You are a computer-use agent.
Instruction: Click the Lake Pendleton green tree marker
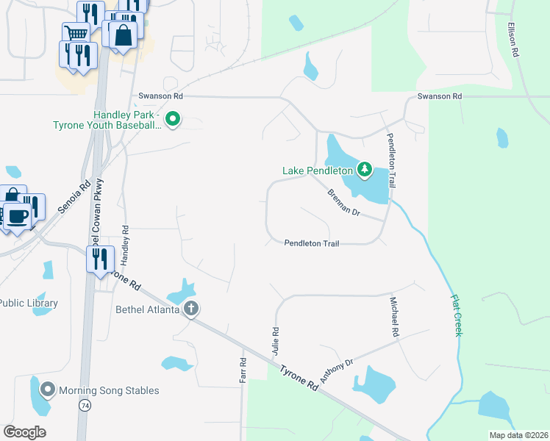tap(364, 171)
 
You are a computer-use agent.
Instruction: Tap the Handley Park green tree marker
tap(173, 118)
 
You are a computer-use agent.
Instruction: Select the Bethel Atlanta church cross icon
tap(191, 309)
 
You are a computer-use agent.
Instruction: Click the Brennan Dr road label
tap(343, 201)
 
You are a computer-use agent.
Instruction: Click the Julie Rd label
tap(276, 342)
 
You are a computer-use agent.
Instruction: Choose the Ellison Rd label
tap(514, 40)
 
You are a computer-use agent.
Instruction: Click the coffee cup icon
tap(18, 216)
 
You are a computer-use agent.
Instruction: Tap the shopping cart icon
tap(76, 33)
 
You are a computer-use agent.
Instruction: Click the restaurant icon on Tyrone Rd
tap(99, 259)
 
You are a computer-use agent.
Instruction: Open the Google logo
tap(25, 431)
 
